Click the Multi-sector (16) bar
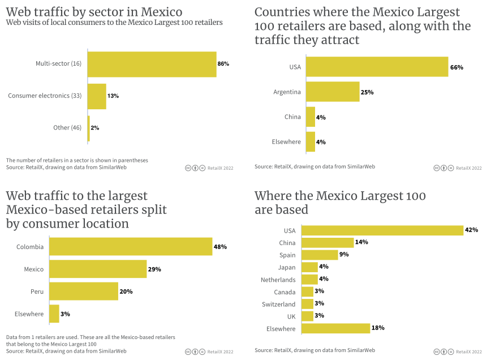click(x=152, y=64)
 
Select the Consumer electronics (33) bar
click(x=97, y=96)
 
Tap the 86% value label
click(x=223, y=64)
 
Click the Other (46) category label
click(x=67, y=128)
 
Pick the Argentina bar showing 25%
click(x=333, y=92)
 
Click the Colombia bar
click(x=131, y=247)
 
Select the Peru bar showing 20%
click(x=84, y=292)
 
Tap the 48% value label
click(x=220, y=247)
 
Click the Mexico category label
click(x=34, y=269)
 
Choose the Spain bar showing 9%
click(x=320, y=255)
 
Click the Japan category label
click(x=287, y=267)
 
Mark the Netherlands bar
click(x=309, y=279)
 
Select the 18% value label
click(x=378, y=328)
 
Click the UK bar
click(x=308, y=316)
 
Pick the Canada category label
click(x=285, y=292)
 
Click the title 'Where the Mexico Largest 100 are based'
click(x=339, y=203)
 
